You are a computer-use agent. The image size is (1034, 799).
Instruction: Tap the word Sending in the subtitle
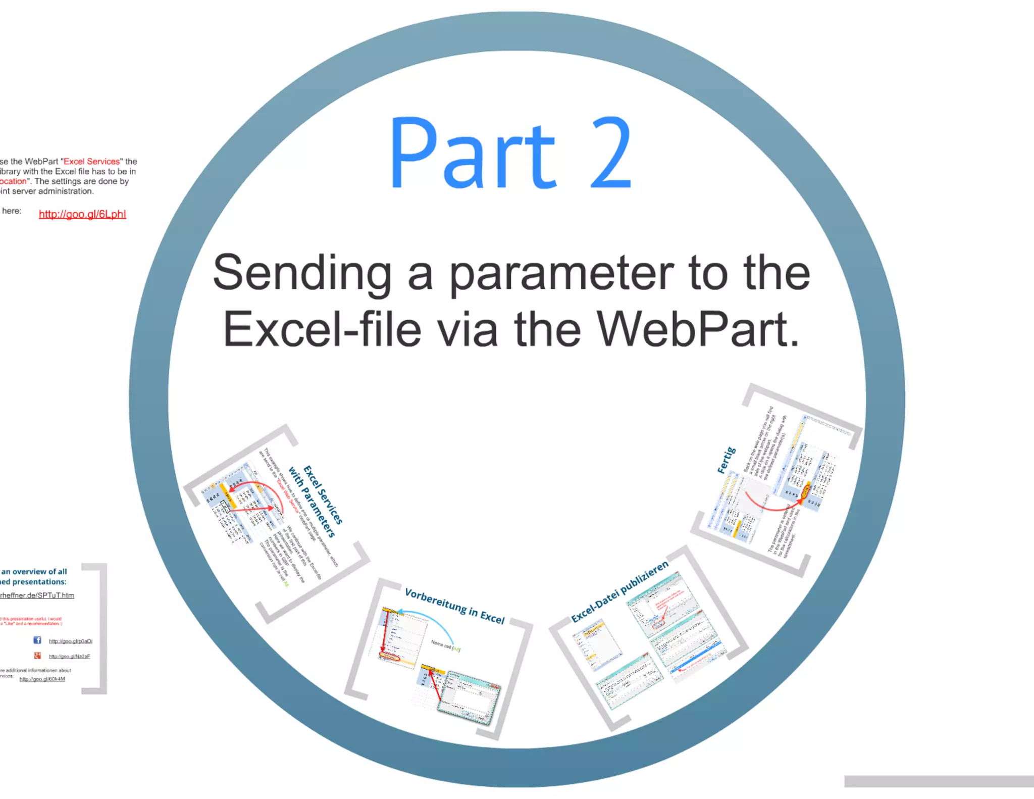[302, 273]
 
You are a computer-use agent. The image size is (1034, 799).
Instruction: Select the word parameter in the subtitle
[561, 273]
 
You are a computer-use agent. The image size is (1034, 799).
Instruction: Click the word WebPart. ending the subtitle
[698, 330]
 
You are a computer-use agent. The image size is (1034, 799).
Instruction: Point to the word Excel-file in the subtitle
[322, 330]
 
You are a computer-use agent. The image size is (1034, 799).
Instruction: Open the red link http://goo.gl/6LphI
[82, 214]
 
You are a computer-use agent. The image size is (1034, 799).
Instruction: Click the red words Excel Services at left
[91, 162]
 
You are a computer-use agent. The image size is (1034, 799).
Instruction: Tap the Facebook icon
[37, 640]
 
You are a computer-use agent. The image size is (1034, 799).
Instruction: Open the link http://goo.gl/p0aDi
[70, 641]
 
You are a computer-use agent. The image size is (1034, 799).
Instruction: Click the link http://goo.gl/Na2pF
[69, 657]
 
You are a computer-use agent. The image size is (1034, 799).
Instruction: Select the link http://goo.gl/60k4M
[42, 679]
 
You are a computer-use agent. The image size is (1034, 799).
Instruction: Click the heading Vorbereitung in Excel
[454, 606]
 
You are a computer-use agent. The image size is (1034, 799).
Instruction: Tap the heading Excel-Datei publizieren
[619, 591]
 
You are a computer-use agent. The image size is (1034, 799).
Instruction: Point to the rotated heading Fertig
[727, 460]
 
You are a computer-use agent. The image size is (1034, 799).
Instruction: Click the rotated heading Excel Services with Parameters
[318, 500]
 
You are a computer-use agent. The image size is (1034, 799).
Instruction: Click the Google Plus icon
[37, 656]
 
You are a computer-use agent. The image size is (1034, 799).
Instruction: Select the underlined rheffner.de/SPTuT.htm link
[37, 595]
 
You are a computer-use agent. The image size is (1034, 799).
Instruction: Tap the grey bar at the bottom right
[939, 781]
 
